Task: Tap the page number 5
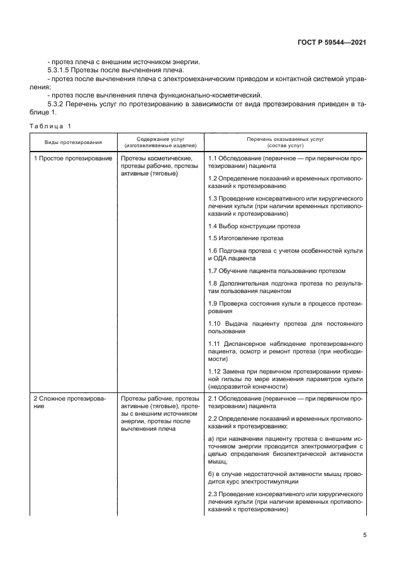point(365,535)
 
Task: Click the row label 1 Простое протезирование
point(72,158)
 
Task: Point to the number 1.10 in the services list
point(215,323)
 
